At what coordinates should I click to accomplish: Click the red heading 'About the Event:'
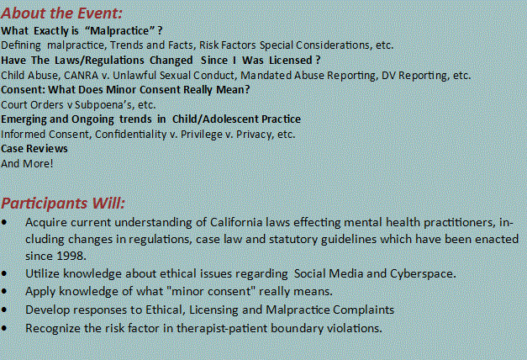coord(61,13)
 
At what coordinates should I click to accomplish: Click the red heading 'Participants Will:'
coord(63,204)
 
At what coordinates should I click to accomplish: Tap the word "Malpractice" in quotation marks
coord(119,30)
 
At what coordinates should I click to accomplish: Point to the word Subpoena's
coord(104,105)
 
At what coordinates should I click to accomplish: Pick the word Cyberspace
coord(423,274)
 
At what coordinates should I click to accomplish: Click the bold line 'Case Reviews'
coord(34,148)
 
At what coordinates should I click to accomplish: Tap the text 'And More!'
coord(27,163)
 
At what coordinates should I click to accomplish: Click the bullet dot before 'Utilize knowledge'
coord(4,273)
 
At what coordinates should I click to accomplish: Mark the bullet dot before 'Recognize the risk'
coord(4,328)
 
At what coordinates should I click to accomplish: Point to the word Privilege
coord(202,135)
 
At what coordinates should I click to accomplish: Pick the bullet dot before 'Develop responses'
coord(4,310)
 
